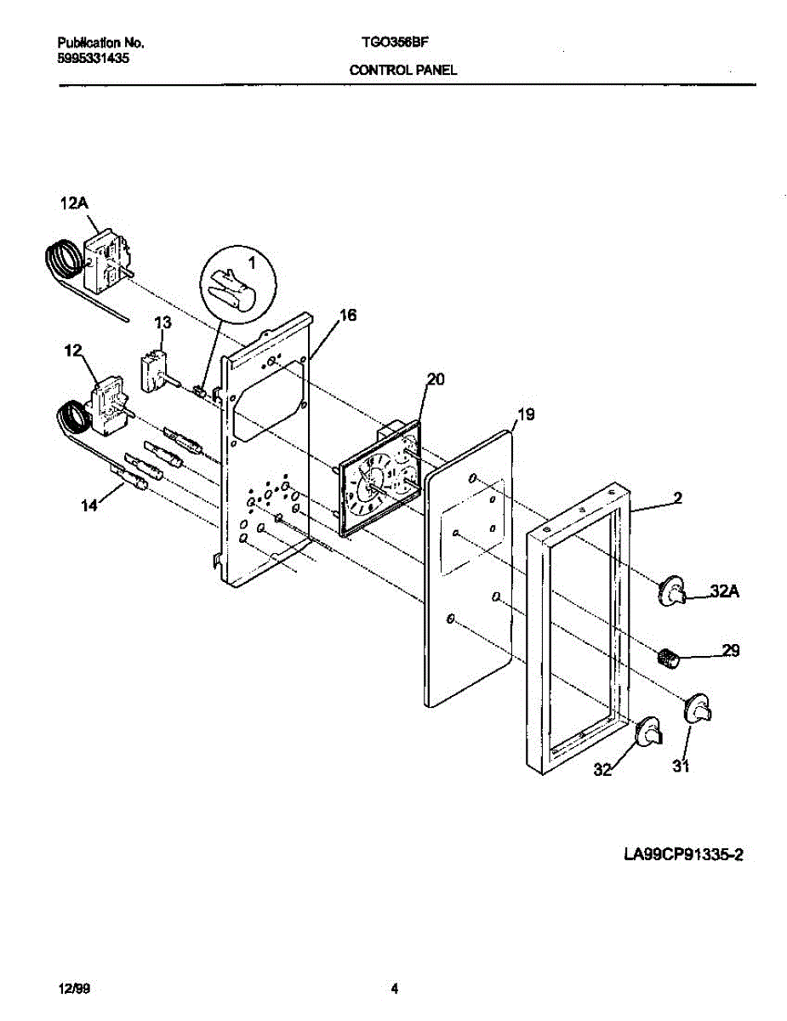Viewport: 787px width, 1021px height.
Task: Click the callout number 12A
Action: [x=72, y=203]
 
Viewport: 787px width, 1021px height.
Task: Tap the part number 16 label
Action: [x=347, y=316]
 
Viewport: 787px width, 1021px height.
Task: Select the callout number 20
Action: [x=434, y=380]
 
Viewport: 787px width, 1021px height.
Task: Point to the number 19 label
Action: [x=527, y=415]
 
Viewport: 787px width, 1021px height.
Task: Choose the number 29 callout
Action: [x=731, y=651]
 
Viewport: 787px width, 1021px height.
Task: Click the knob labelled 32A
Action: [x=672, y=589]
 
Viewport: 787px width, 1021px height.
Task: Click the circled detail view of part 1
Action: [x=240, y=287]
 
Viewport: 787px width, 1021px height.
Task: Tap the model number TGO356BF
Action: [x=395, y=42]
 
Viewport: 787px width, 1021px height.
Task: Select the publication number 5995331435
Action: [x=94, y=58]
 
